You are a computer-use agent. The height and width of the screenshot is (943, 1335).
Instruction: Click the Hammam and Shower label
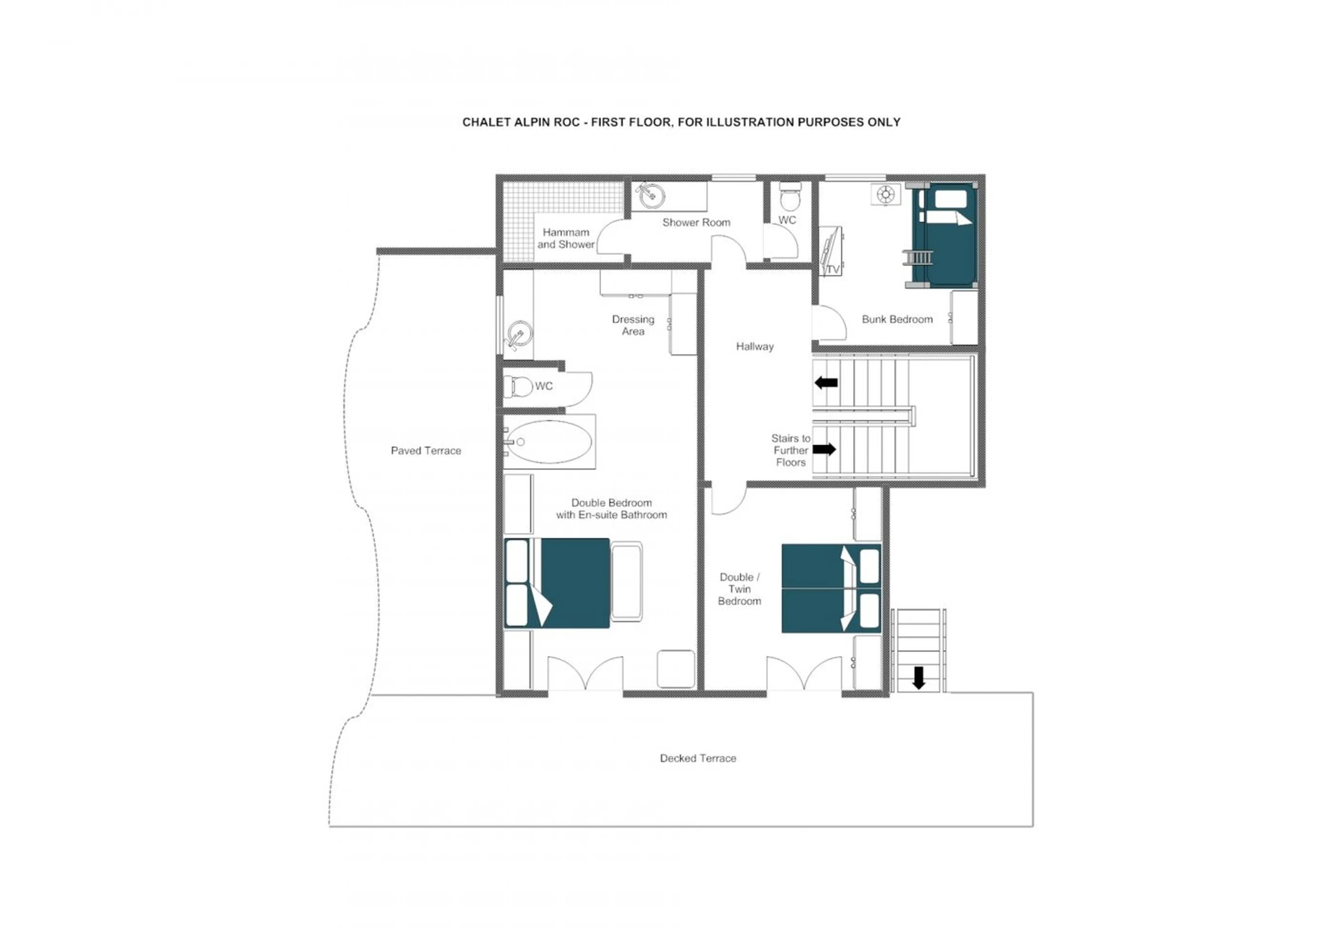point(565,238)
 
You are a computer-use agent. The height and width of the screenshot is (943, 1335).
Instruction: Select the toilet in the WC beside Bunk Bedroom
point(790,198)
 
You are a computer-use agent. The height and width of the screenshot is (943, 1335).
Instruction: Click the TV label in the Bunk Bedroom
point(833,270)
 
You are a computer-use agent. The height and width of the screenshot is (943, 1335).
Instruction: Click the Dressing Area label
point(633,325)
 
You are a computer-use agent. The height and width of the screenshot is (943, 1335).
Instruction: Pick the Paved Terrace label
point(426,450)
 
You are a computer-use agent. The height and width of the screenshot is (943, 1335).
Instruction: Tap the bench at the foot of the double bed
point(626,581)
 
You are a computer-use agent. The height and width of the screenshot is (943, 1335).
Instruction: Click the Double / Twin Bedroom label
point(739,589)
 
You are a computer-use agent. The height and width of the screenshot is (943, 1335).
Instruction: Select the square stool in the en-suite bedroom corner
point(675,669)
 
